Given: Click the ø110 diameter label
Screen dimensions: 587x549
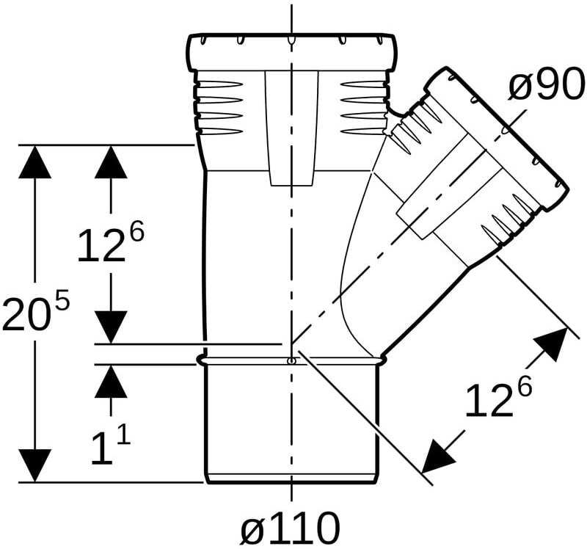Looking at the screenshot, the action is [x=290, y=528].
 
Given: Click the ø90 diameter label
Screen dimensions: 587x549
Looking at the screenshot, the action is [x=547, y=85].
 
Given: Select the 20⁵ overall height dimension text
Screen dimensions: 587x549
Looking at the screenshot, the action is [x=35, y=312].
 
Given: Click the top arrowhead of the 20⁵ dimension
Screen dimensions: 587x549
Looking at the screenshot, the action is [x=35, y=161].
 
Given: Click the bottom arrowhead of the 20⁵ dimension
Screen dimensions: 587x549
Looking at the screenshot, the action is [x=34, y=465].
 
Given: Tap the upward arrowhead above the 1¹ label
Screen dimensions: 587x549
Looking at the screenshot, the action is [x=111, y=381].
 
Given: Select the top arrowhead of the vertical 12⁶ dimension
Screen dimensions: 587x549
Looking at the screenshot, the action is [x=111, y=161].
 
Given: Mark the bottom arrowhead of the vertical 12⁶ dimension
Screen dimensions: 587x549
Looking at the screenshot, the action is [x=111, y=327].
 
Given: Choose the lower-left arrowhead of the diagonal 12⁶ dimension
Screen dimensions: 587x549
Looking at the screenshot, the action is [x=437, y=456].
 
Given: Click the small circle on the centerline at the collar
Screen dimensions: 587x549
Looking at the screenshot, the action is [x=291, y=361].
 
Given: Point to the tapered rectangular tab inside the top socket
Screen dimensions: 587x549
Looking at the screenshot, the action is [x=291, y=128].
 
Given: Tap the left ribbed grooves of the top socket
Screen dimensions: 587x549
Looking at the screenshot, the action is [x=216, y=107].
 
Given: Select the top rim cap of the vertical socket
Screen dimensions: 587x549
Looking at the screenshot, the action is [x=291, y=52].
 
